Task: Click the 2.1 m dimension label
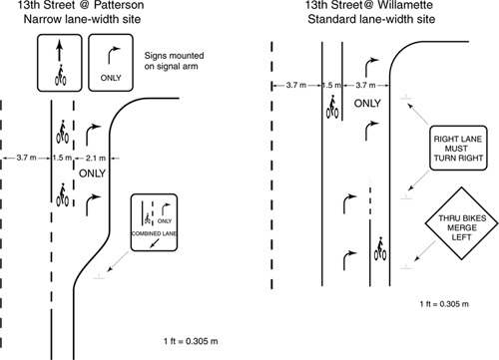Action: tap(96, 158)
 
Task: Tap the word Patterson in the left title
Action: tap(119, 5)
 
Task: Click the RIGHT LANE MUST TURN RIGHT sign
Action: tap(458, 149)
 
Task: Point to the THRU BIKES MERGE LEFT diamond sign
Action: tap(461, 223)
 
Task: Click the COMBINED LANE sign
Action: tap(154, 222)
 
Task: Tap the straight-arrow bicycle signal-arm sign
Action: tap(60, 63)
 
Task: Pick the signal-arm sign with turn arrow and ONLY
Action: tap(111, 63)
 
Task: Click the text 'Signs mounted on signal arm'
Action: tap(174, 61)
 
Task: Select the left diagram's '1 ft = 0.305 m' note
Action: tap(191, 341)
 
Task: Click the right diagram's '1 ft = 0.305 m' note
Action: tap(444, 304)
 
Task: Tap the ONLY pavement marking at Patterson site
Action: tap(92, 174)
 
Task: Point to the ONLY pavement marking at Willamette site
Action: tap(367, 104)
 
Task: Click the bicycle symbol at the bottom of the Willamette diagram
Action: tap(380, 248)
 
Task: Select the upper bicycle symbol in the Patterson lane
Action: tap(62, 132)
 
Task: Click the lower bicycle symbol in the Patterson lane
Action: tap(62, 194)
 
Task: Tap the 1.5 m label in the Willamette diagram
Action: tap(331, 85)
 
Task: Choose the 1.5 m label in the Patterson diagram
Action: tap(62, 158)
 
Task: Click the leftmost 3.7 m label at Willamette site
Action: tap(296, 85)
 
